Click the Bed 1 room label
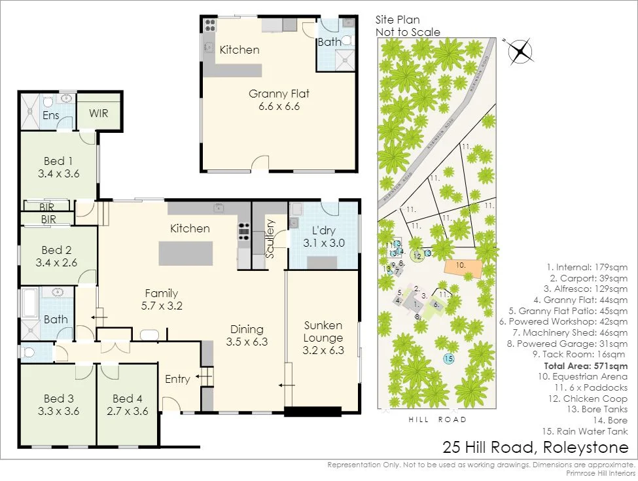tap(54, 161)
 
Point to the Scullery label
tap(271, 238)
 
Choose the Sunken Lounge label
tap(323, 332)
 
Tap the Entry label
tap(177, 379)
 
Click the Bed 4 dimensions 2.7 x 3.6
tap(128, 412)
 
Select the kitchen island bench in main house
tap(186, 253)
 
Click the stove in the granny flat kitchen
tap(211, 25)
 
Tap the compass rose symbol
tap(520, 50)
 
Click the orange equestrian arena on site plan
tap(464, 267)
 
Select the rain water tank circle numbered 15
tap(448, 359)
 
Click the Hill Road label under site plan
tap(438, 419)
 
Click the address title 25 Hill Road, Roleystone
tap(535, 448)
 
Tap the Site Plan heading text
tap(397, 20)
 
